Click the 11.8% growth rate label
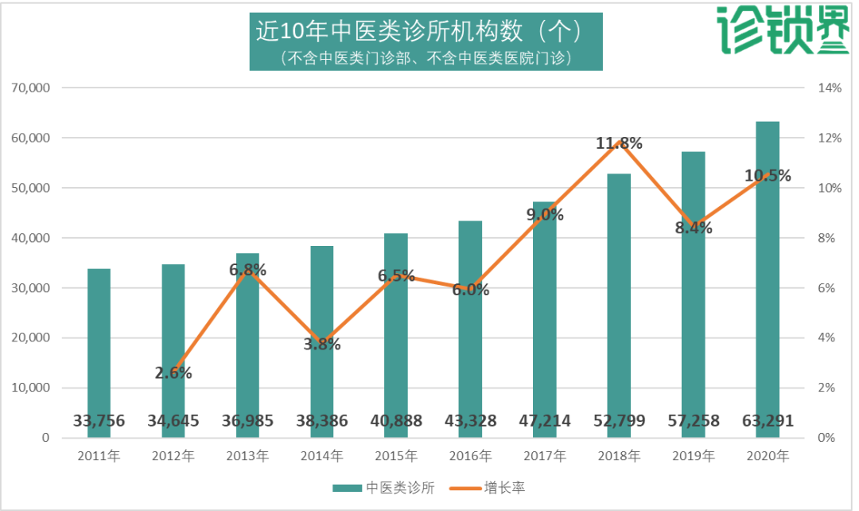pyautogui.click(x=620, y=143)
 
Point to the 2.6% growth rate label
pyautogui.click(x=173, y=373)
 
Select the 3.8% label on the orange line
pyautogui.click(x=321, y=345)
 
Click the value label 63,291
pyautogui.click(x=767, y=421)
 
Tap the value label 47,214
pyautogui.click(x=544, y=421)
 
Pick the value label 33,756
pyautogui.click(x=99, y=421)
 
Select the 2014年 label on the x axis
pyautogui.click(x=321, y=456)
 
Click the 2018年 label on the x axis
pyautogui.click(x=619, y=456)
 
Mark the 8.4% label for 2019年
pyautogui.click(x=693, y=228)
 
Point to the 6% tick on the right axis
pyautogui.click(x=828, y=288)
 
